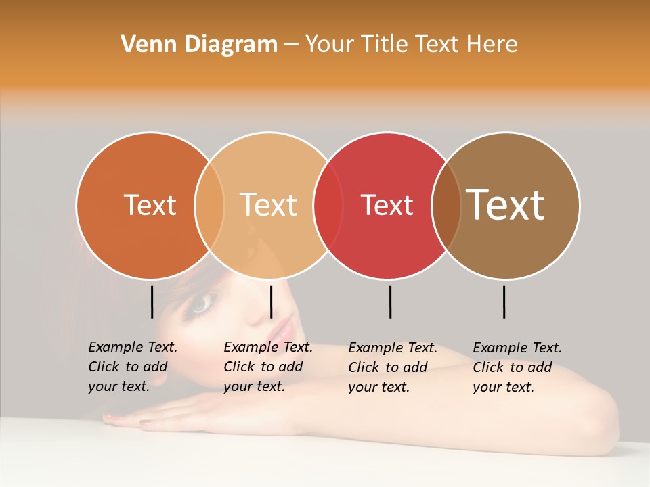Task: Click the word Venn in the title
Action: [x=144, y=45]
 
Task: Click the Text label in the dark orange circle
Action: [x=150, y=205]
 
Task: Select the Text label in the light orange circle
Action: [x=269, y=205]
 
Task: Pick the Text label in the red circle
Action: [x=387, y=205]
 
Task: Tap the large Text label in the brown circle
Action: [x=506, y=205]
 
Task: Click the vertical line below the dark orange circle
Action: [x=152, y=302]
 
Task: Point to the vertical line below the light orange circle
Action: [x=271, y=302]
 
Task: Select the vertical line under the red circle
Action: [x=390, y=302]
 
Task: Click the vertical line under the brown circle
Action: [x=504, y=302]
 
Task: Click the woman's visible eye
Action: [x=201, y=305]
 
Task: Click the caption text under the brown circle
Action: [x=517, y=367]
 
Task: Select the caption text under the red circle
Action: [x=392, y=367]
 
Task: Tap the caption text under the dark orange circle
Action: [x=132, y=367]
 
